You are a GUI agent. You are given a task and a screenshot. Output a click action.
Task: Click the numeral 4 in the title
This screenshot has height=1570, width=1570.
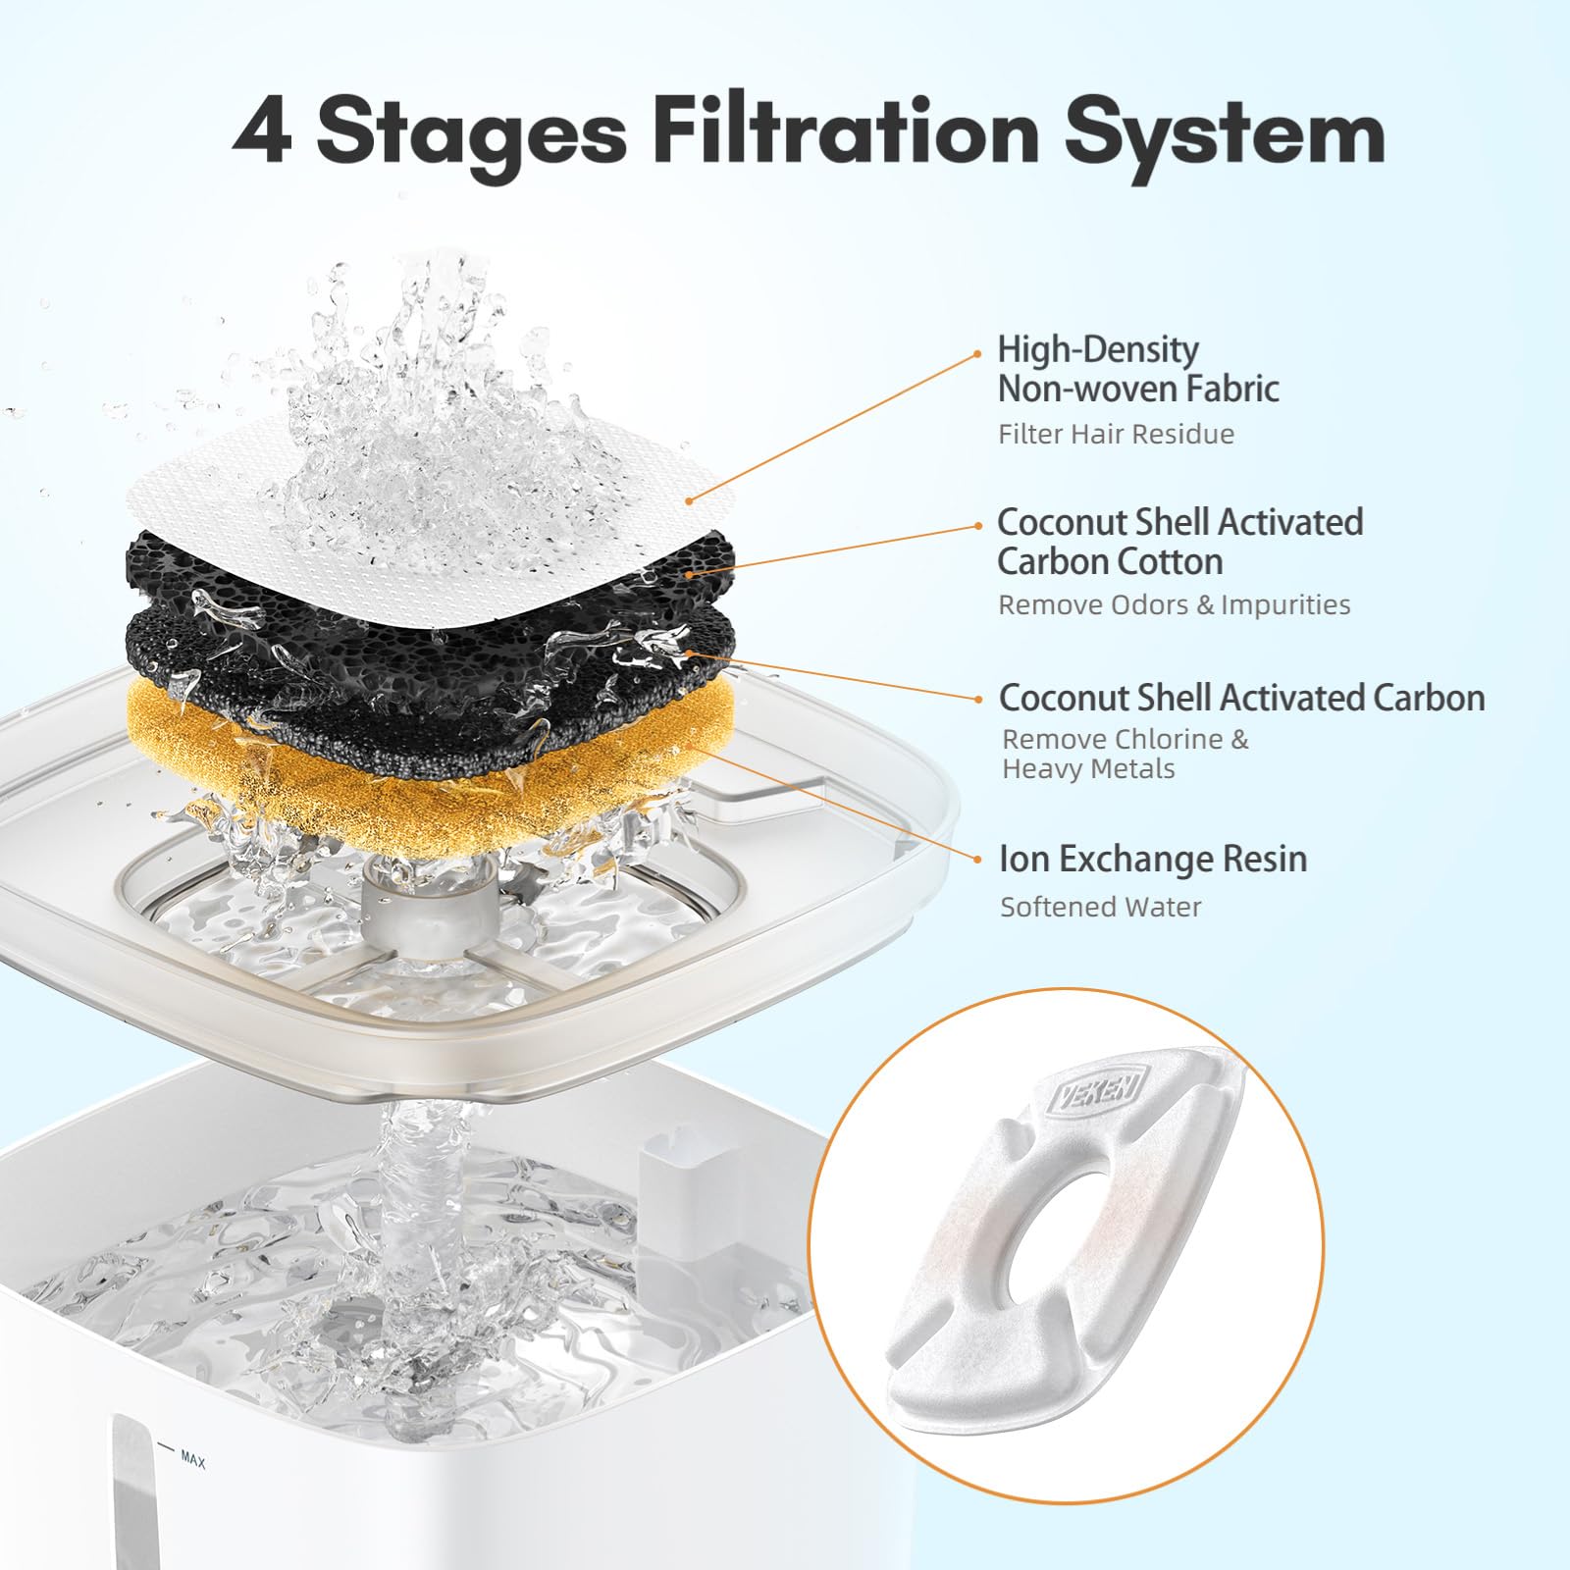[x=264, y=132]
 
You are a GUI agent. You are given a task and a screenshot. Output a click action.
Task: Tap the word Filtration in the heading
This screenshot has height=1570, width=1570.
[x=845, y=132]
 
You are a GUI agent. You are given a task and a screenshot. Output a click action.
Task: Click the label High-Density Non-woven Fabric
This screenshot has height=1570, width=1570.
[x=1137, y=369]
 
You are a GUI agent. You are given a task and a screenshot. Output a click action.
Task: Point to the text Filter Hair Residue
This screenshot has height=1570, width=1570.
[x=1116, y=434]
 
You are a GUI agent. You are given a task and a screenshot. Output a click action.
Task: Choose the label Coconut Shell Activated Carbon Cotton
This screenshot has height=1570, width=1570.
[x=1179, y=542]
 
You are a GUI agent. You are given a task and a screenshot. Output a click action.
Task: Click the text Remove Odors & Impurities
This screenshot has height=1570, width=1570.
[x=1174, y=604]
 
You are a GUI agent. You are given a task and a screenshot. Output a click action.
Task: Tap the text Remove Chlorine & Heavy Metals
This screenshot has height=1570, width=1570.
[x=1125, y=754]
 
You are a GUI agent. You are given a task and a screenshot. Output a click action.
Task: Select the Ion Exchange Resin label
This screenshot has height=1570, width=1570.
[x=1152, y=860]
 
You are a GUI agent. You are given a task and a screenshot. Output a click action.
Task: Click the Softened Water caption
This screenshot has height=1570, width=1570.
[x=1100, y=907]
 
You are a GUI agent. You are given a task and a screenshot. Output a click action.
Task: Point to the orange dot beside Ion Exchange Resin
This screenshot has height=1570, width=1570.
[x=977, y=861]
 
